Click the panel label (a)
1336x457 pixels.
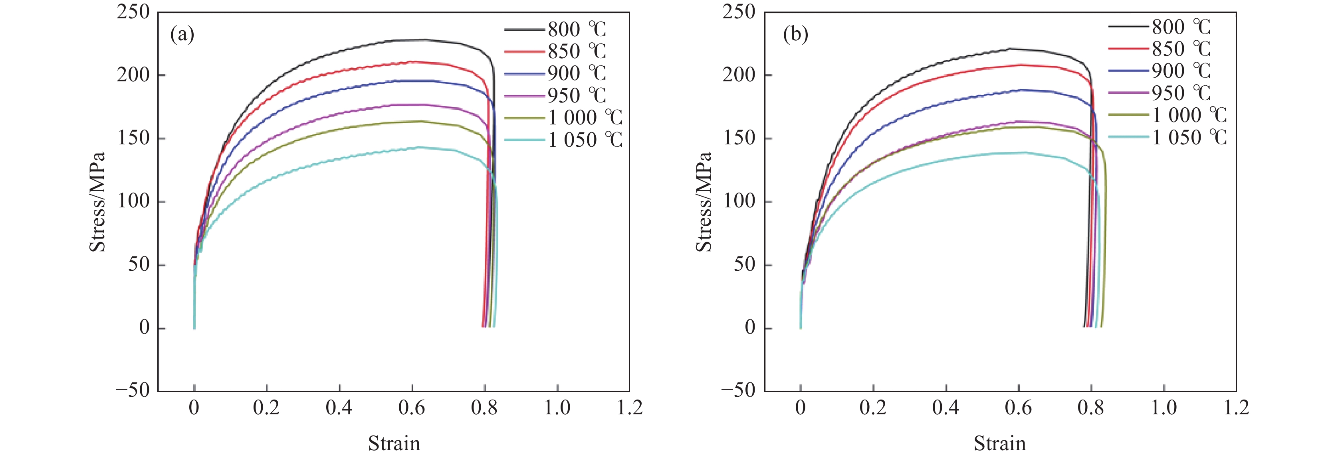tap(182, 35)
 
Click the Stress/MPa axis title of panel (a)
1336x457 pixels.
tap(97, 202)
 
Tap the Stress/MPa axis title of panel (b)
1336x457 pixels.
tap(704, 202)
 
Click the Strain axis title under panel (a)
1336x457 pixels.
tap(394, 443)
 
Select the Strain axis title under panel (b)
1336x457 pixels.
tap(999, 443)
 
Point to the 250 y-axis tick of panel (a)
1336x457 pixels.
tap(133, 12)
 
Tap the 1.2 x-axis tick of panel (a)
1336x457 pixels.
tap(630, 408)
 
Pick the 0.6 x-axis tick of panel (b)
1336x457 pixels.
tap(1018, 408)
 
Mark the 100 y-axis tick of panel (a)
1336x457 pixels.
tap(133, 201)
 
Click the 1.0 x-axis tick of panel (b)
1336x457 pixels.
tap(1164, 408)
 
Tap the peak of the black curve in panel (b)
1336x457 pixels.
tap(1010, 49)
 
